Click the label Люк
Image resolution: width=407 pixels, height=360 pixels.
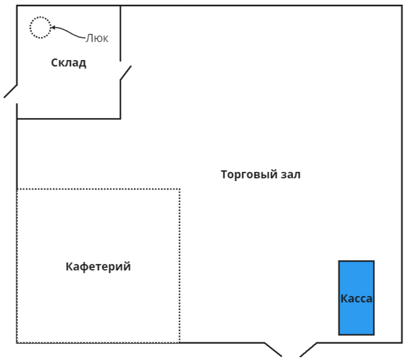97,38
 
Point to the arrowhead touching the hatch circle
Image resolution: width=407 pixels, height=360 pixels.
53,28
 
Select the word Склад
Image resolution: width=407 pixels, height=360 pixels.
69,63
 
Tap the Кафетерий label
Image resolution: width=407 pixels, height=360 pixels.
98,267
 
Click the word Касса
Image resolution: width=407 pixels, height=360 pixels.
356,299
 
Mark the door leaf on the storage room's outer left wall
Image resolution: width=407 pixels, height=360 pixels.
11,91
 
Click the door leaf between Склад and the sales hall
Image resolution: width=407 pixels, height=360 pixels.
126,73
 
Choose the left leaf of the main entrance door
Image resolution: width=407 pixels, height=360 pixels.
273,349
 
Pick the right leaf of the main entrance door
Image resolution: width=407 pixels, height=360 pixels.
308,349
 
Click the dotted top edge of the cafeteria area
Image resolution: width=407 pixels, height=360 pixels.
99,189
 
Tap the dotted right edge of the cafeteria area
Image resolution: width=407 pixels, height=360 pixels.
180,266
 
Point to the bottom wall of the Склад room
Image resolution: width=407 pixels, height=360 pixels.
69,118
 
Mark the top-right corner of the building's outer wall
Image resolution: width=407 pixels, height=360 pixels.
402,6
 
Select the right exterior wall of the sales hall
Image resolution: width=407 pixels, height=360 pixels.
402,160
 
